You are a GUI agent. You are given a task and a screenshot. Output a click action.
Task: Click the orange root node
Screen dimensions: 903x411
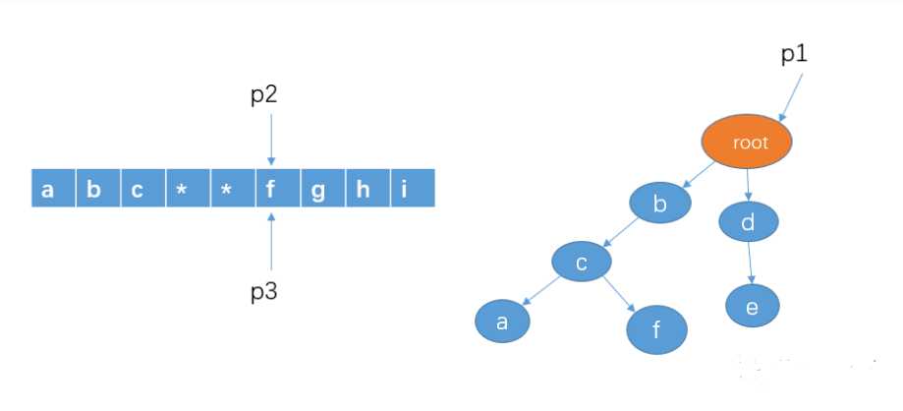(747, 143)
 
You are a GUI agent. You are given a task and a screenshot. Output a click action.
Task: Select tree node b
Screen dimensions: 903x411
(660, 205)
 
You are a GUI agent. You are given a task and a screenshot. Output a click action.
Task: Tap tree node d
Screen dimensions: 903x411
(749, 222)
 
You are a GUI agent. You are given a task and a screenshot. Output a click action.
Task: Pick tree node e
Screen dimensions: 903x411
(752, 306)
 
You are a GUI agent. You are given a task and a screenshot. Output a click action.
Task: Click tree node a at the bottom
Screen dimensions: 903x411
(502, 322)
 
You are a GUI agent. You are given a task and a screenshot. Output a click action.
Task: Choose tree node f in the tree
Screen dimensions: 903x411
(656, 329)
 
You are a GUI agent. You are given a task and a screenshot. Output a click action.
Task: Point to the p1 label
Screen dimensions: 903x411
(794, 54)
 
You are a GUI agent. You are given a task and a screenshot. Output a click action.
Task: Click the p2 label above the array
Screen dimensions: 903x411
(263, 95)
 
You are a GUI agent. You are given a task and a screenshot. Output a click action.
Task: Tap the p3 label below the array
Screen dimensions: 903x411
(263, 292)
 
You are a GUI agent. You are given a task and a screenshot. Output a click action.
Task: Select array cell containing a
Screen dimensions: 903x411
(54, 188)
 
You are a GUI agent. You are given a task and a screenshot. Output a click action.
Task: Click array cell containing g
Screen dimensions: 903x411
(323, 188)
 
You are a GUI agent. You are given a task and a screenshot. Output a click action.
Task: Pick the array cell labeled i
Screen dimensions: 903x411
(413, 188)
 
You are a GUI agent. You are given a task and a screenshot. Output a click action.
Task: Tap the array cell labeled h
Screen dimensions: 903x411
(368, 188)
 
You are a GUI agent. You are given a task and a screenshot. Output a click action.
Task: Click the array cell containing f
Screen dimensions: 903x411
(278, 188)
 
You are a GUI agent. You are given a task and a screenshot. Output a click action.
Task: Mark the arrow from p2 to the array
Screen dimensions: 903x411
(271, 140)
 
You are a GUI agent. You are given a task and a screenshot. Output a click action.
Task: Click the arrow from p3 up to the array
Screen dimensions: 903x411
(271, 241)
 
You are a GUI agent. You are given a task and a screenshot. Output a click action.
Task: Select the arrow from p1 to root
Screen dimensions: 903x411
(791, 96)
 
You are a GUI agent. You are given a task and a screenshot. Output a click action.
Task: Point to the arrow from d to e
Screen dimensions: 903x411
(750, 263)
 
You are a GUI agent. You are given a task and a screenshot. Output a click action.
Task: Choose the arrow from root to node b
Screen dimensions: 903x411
(699, 175)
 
